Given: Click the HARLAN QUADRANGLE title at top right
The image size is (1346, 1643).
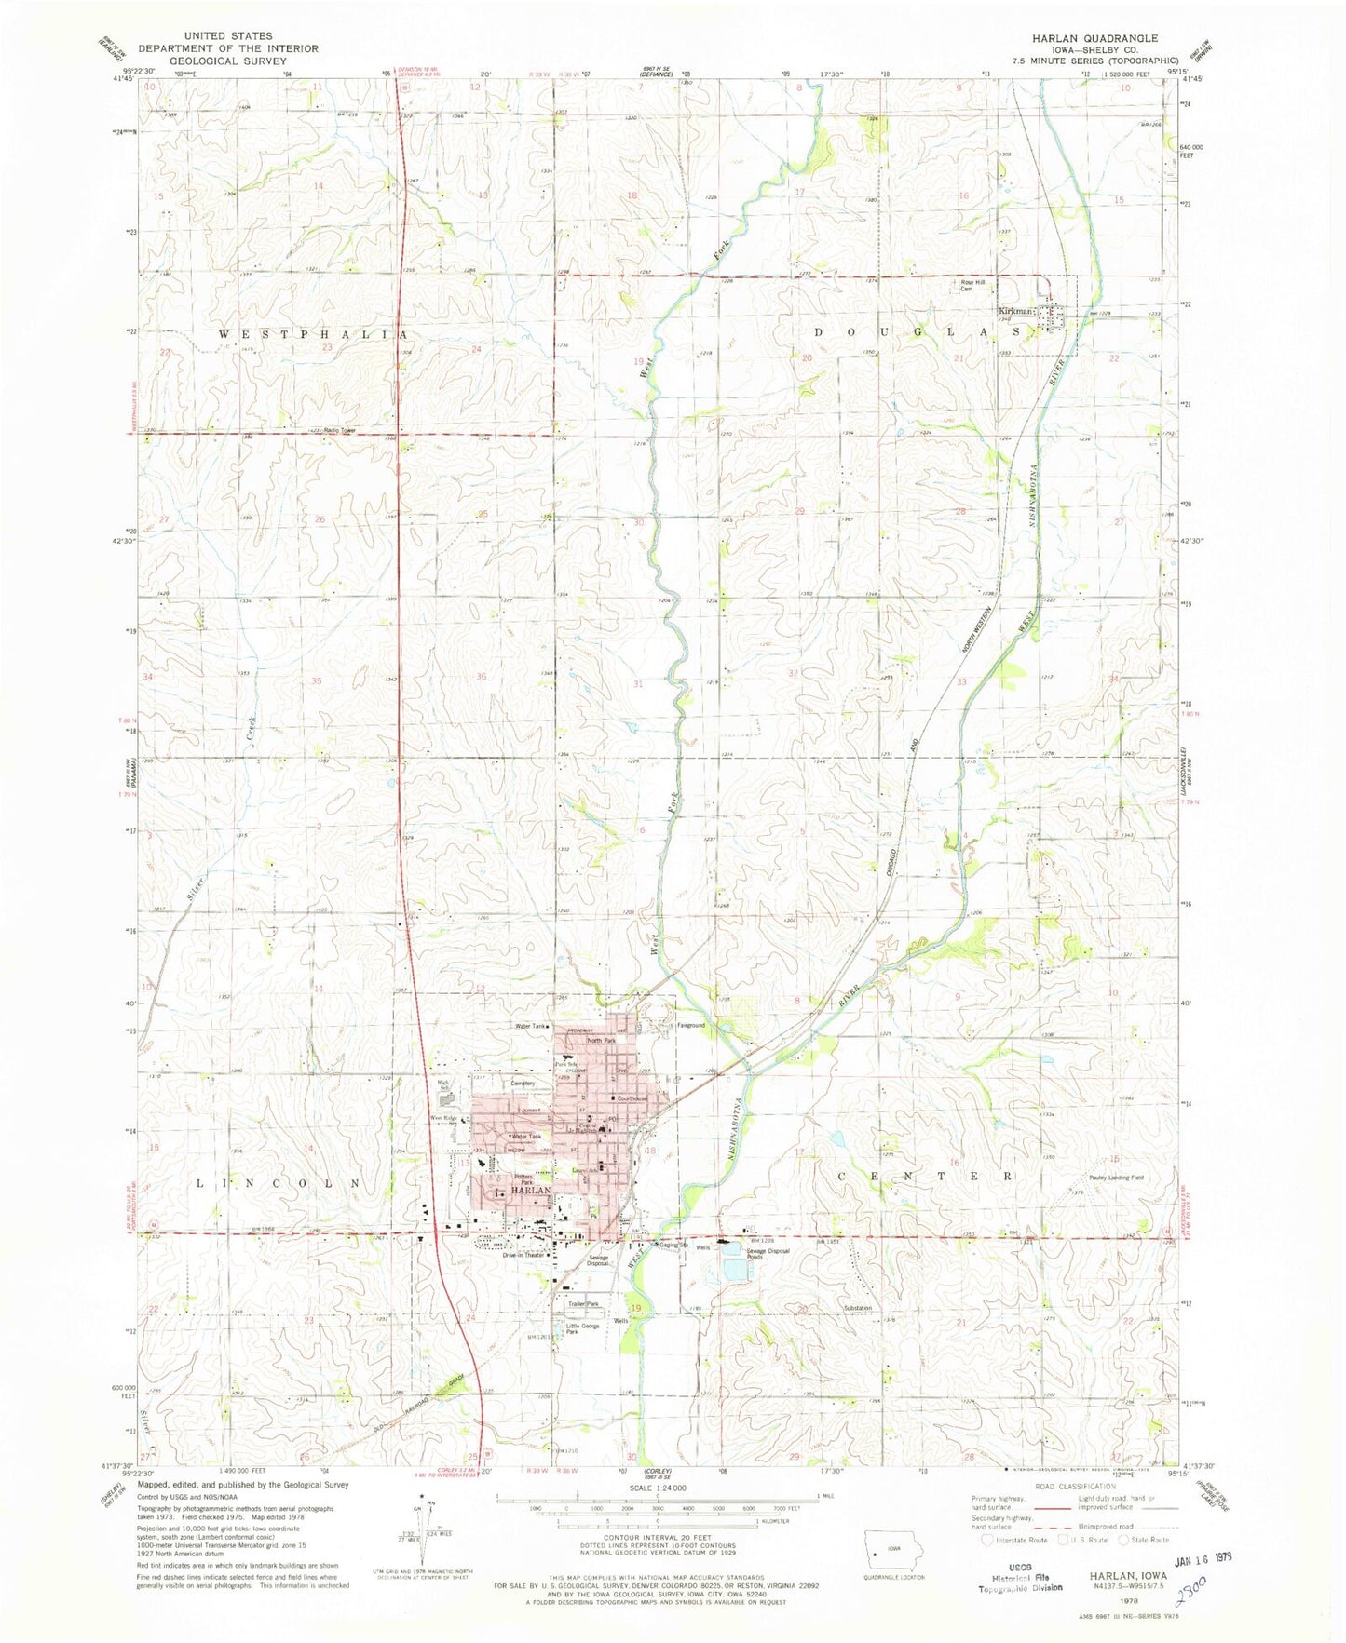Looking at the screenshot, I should tap(1094, 38).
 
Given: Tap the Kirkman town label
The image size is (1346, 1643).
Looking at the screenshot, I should tap(1015, 311).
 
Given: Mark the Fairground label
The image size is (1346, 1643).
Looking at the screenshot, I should tap(690, 1026).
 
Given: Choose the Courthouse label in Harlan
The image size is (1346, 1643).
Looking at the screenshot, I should tap(632, 1098).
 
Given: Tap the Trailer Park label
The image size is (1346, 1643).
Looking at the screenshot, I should tap(584, 1304).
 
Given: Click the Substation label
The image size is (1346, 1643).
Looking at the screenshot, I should tap(858, 1308).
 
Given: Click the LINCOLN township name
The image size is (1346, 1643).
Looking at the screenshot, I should tap(279, 1182).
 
